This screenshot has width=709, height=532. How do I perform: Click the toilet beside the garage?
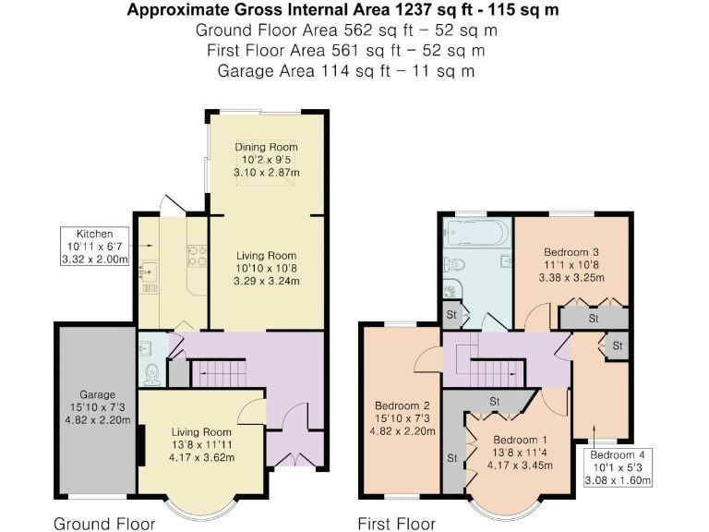tap(152, 372)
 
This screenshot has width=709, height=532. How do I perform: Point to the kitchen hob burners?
tap(197, 254)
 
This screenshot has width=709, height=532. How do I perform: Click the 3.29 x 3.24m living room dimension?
tap(266, 282)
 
